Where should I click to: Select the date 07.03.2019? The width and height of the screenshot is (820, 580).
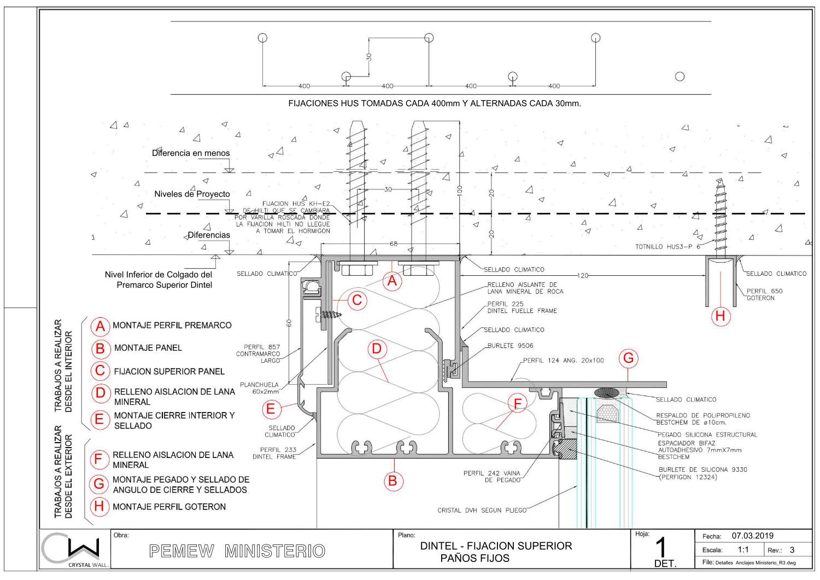pos(752,536)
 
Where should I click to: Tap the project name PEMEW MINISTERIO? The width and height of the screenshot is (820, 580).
pos(237,551)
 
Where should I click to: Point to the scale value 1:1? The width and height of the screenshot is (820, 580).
pos(743,550)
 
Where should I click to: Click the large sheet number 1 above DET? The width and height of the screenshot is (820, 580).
pos(661,547)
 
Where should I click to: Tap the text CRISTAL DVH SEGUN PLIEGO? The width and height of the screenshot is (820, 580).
pos(482,511)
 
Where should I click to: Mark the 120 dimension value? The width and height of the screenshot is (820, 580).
pos(583,276)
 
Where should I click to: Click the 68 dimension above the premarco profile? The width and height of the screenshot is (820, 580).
pos(393,244)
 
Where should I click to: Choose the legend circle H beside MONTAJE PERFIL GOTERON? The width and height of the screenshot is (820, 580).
pos(99,506)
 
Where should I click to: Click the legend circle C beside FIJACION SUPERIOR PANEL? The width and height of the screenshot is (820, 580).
pos(99,371)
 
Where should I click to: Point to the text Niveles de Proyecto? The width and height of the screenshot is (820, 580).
pos(192,194)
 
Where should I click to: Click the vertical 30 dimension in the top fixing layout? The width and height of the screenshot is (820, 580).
pos(369,57)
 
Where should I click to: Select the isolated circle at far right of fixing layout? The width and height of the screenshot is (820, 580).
pos(680,77)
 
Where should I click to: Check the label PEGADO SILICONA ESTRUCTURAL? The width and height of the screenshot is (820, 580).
pos(707,435)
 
